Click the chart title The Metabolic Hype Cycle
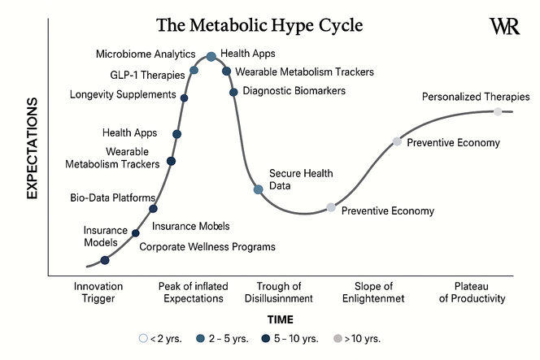click(x=259, y=25)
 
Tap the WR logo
click(x=504, y=26)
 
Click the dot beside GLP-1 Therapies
click(x=194, y=71)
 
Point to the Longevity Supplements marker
click(x=185, y=98)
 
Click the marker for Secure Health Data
click(x=258, y=189)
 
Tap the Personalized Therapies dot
click(x=498, y=111)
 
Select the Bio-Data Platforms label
click(x=113, y=197)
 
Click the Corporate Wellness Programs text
click(x=207, y=246)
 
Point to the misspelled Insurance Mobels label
click(x=191, y=226)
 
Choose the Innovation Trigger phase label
click(x=98, y=293)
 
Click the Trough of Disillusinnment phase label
click(x=279, y=293)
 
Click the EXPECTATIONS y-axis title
click(x=33, y=148)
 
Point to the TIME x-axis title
click(x=280, y=320)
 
